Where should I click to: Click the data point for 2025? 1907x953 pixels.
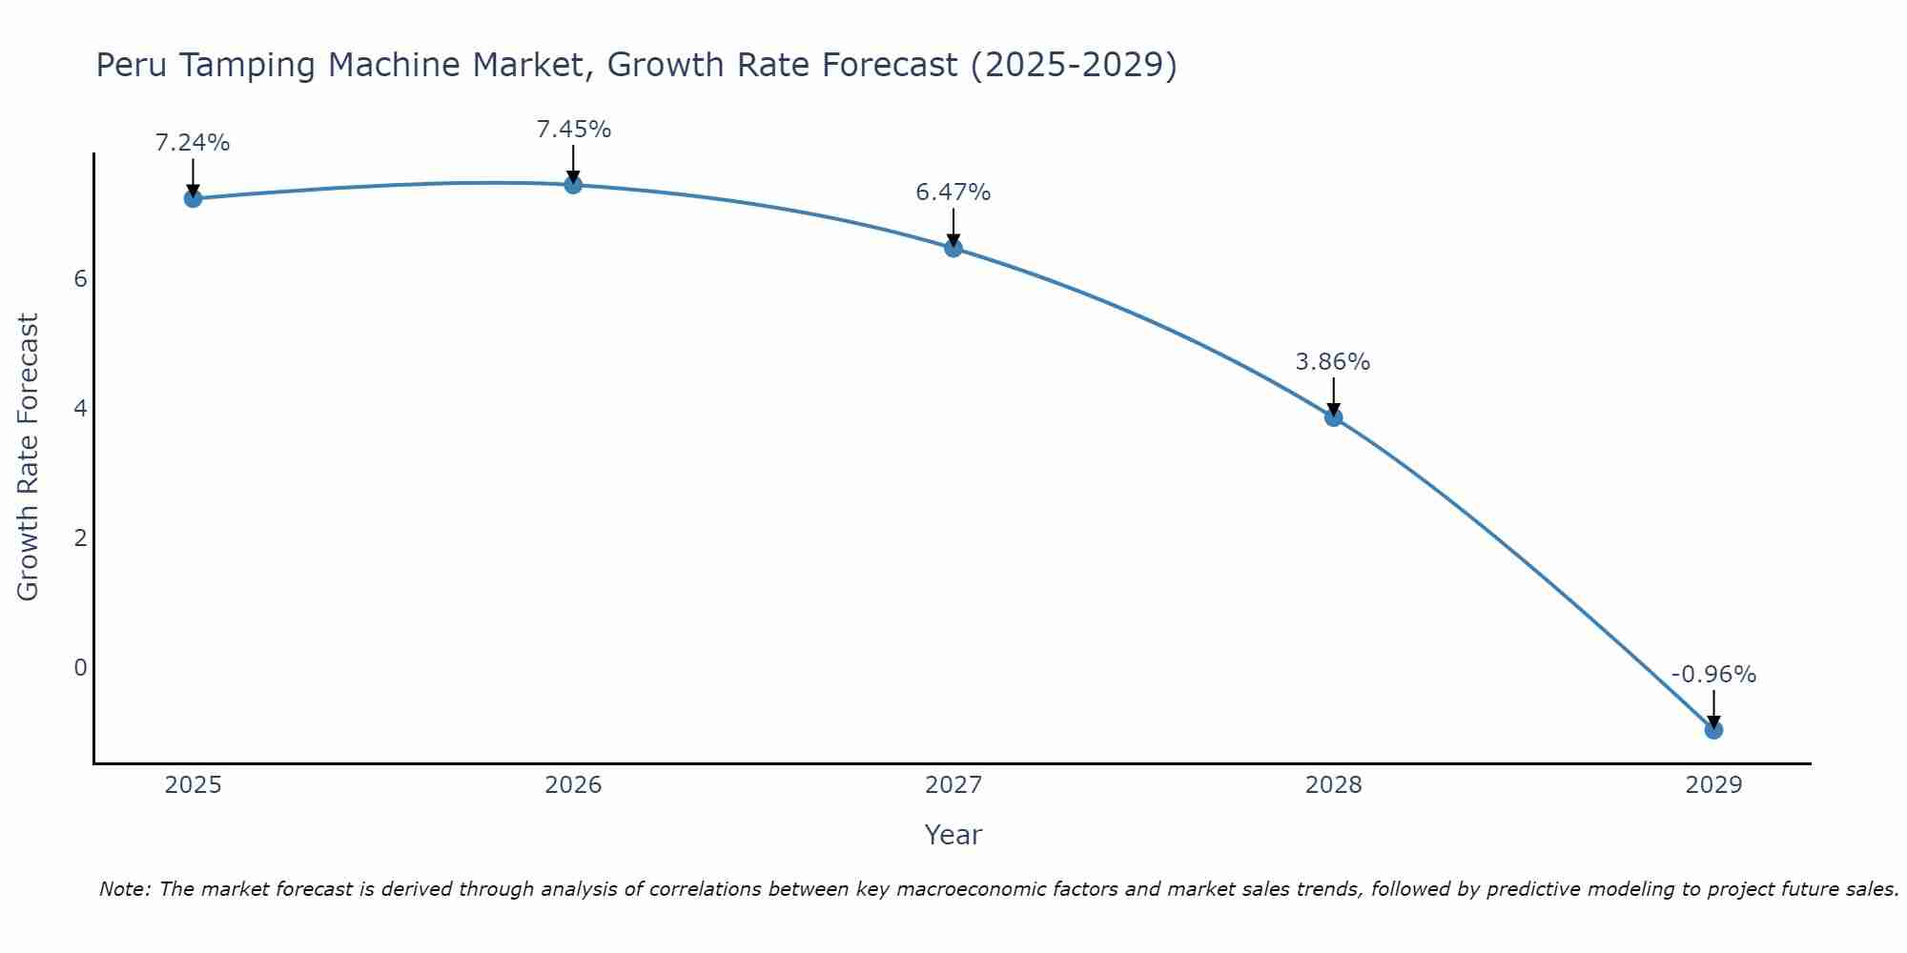pos(193,198)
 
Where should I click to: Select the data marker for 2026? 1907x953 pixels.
pos(573,185)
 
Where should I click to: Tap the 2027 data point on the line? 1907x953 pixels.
pos(953,249)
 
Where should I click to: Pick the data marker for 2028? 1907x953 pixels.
pos(1333,417)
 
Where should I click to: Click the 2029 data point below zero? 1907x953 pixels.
pos(1713,730)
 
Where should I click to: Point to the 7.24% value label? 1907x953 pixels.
pos(193,143)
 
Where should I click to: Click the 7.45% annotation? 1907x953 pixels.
pos(573,129)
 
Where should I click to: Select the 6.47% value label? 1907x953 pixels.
pos(953,193)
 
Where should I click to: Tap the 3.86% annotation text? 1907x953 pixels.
pos(1333,362)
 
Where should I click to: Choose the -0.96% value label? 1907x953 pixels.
pos(1713,675)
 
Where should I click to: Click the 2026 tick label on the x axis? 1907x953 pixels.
pos(573,785)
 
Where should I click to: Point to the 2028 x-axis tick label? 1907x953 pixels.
pos(1333,785)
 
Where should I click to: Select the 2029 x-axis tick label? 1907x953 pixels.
pos(1713,785)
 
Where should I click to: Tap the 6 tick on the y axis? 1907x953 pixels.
pos(80,279)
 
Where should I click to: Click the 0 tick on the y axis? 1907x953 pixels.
pos(80,667)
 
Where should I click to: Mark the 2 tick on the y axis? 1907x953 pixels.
pos(80,537)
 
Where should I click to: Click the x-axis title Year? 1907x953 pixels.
pos(953,835)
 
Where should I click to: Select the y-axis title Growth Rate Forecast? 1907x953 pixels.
pos(29,457)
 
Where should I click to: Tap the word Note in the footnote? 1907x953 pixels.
pos(124,889)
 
